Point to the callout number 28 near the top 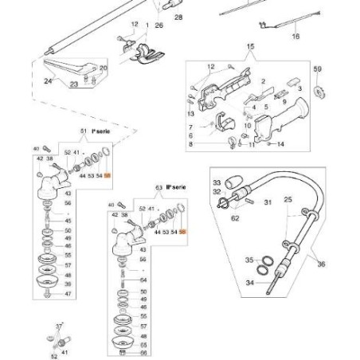(x=177, y=17)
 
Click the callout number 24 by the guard (x=47, y=80)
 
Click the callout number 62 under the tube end (x=234, y=217)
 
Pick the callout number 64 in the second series (x=143, y=280)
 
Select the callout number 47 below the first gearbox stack (x=68, y=294)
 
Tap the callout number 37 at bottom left (x=58, y=327)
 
